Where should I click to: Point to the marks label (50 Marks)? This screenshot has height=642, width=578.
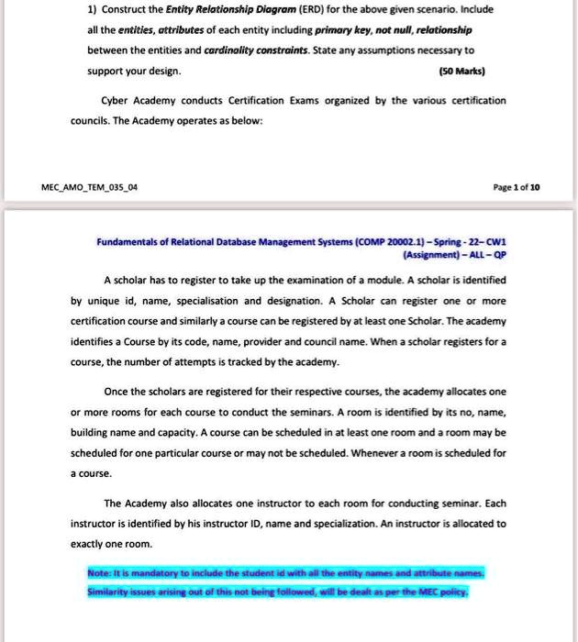464,71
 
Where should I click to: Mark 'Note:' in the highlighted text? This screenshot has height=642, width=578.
100,573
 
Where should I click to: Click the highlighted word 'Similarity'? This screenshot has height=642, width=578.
112,592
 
